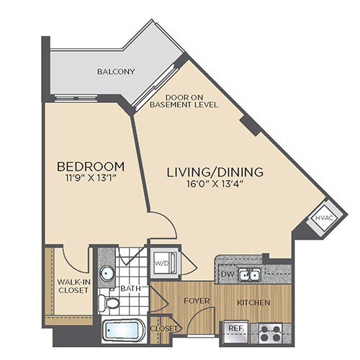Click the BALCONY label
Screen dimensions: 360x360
(116, 71)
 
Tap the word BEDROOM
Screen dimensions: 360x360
(91, 166)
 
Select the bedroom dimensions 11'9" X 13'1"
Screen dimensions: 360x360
(91, 179)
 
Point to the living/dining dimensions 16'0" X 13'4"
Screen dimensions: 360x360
(215, 184)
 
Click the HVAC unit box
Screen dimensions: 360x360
(325, 218)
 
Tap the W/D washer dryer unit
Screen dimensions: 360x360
(165, 263)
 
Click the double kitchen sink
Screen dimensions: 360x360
(249, 274)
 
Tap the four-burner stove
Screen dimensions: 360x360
(271, 333)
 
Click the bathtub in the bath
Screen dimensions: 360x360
(123, 330)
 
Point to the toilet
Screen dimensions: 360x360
(109, 303)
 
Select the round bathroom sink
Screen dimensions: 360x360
(107, 273)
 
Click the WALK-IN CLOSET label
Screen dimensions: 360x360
(73, 286)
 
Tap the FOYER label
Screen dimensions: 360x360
(197, 301)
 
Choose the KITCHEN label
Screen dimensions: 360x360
(253, 302)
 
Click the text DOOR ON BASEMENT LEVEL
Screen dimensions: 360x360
(184, 101)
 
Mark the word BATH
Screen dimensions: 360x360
(130, 288)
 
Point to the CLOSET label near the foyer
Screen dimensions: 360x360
(164, 328)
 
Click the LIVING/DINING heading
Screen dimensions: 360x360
(215, 172)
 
